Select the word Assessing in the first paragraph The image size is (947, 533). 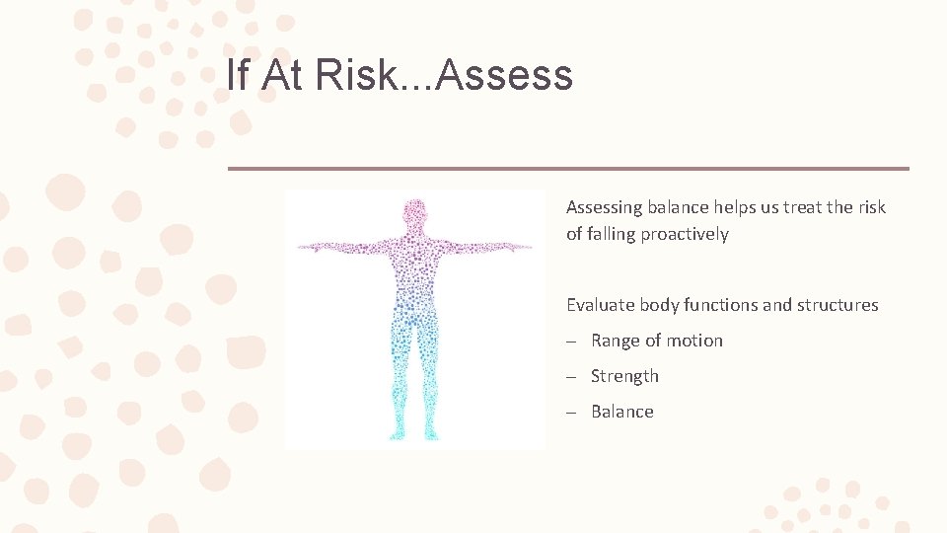604,207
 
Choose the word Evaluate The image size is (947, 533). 600,305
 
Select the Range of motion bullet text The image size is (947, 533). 656,341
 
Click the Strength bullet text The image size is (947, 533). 624,376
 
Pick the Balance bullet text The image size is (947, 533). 621,412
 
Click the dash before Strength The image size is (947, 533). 571,376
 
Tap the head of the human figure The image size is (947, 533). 415,212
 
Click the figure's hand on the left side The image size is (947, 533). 304,245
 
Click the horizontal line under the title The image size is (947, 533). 568,169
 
